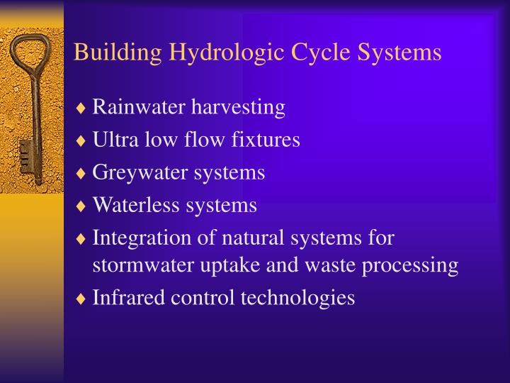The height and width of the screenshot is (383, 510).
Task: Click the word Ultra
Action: pyautogui.click(x=110, y=140)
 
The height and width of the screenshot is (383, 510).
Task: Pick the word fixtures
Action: pyautogui.click(x=266, y=140)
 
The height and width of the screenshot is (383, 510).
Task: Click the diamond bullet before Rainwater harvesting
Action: pyautogui.click(x=82, y=109)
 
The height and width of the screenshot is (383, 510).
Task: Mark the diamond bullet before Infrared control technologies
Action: pyautogui.click(x=82, y=298)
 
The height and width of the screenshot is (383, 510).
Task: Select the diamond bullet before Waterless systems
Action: pyautogui.click(x=82, y=206)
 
